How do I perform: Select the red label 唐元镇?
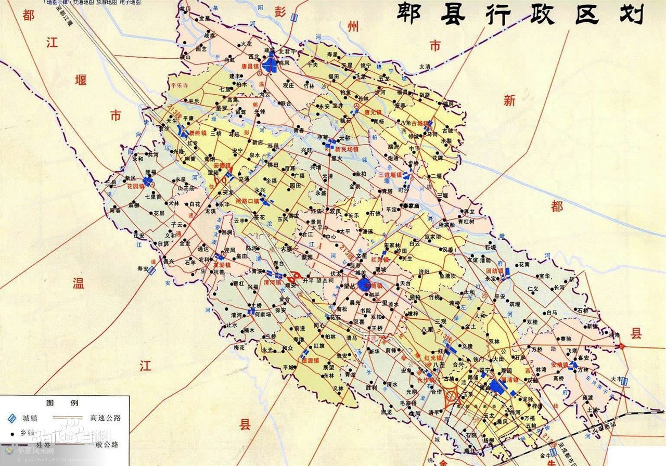(x=373, y=112)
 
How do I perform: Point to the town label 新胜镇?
(x=198, y=133)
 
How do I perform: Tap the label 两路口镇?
(x=247, y=201)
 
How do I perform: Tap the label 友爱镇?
(x=221, y=264)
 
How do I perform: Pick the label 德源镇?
(x=311, y=360)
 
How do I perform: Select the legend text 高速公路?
(x=105, y=418)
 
